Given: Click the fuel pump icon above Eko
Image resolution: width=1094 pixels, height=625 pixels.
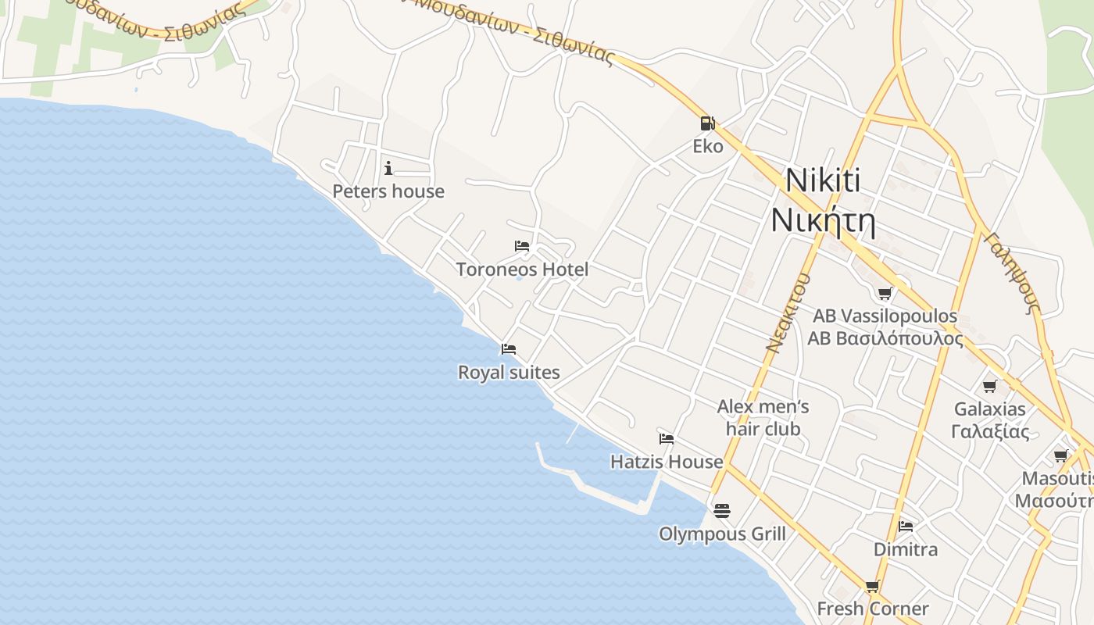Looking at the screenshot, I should coord(706,123).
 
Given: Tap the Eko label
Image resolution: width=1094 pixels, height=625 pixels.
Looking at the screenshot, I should coord(708,146).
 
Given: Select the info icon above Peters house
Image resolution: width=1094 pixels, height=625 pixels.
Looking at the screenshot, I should coord(388,167).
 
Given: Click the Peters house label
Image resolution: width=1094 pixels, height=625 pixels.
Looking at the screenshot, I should coord(388,191).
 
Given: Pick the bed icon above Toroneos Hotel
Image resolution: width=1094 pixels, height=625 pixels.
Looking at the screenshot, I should coord(522,245).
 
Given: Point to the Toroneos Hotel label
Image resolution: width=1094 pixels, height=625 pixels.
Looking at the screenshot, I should coord(522,270).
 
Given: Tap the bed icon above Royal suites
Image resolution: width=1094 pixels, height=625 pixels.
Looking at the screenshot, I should coord(509,348).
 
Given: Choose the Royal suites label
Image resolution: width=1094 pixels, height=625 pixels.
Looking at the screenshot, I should coord(509,372).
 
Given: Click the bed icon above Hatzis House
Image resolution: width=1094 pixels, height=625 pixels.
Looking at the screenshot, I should coord(667,438).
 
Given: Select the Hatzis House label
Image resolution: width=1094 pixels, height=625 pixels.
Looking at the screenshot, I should coord(667,462).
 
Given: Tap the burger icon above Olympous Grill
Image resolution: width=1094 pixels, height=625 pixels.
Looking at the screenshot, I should coord(722,510).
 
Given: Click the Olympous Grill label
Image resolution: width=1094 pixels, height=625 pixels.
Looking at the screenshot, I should coord(722,534).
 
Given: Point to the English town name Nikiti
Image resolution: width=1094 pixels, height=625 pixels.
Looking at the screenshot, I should coord(823,180).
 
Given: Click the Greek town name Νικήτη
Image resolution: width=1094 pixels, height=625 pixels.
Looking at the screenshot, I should coord(823,220).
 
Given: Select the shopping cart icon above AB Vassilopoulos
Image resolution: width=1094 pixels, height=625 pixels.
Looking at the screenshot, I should coord(885,293).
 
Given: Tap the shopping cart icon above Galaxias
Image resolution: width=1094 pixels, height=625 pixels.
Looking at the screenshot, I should coord(990,385).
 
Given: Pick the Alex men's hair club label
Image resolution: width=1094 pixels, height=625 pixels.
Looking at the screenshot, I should coord(763,417).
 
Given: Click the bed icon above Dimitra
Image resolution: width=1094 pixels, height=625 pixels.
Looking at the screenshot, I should coord(906,526).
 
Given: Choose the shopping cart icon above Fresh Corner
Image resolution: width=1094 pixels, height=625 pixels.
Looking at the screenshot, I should coord(873,586).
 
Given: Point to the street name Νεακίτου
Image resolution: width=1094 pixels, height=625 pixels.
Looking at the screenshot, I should coord(788,312).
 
